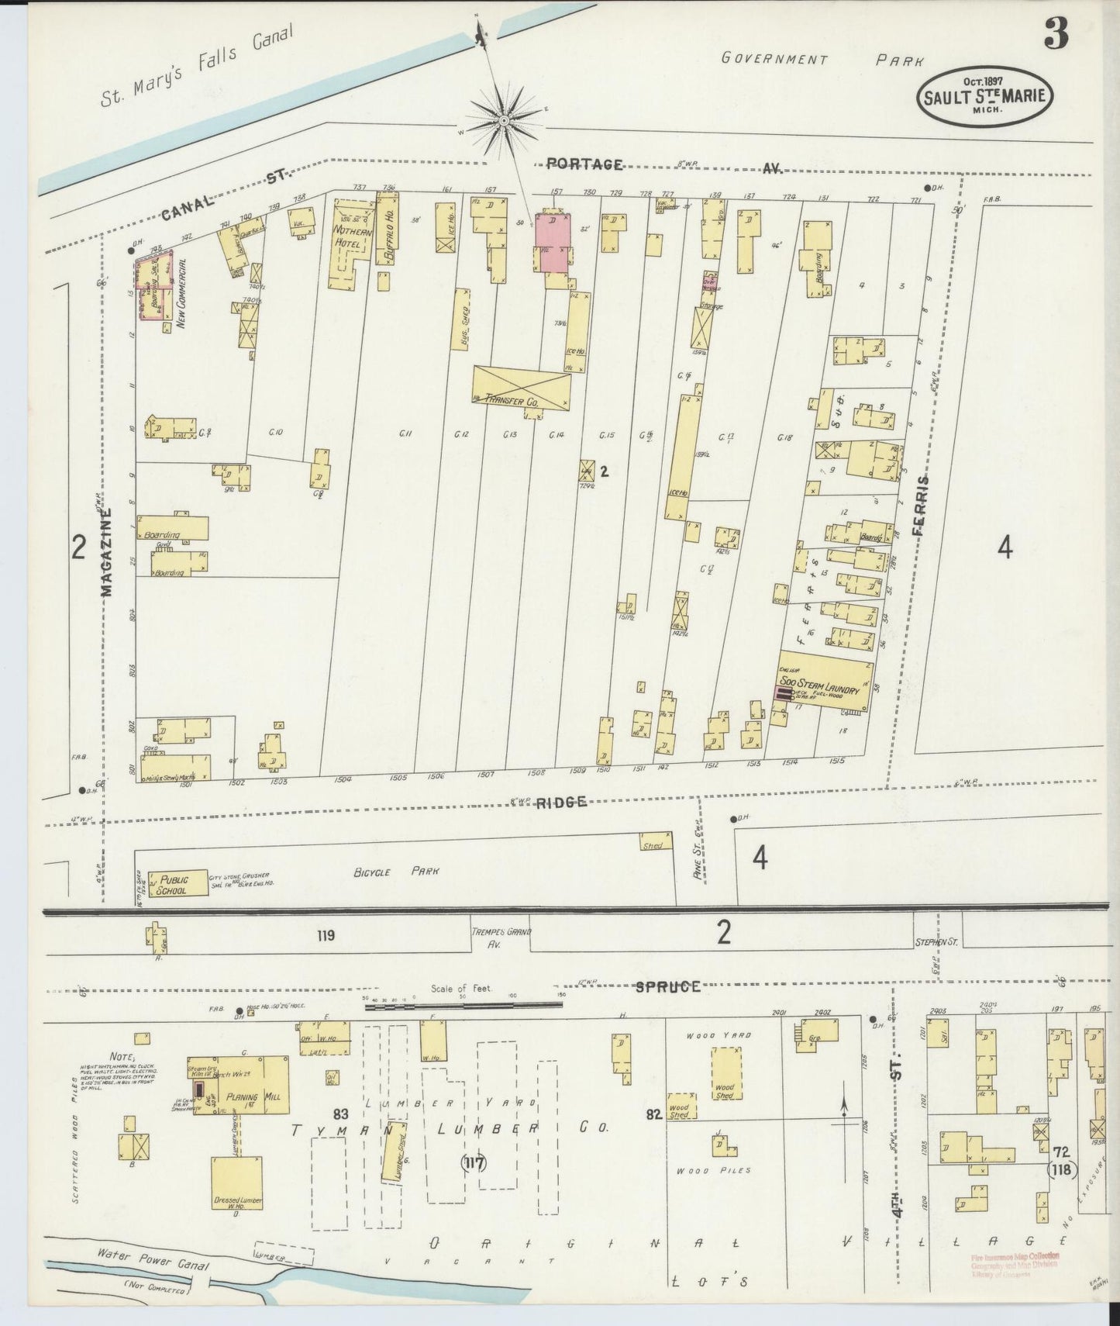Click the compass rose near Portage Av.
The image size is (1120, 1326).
(504, 121)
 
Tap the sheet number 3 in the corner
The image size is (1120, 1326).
(1056, 33)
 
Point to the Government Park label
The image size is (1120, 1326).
(822, 59)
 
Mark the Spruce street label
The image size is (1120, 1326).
(667, 986)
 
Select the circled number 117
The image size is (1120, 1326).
(473, 1162)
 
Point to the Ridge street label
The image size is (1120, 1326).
(560, 803)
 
